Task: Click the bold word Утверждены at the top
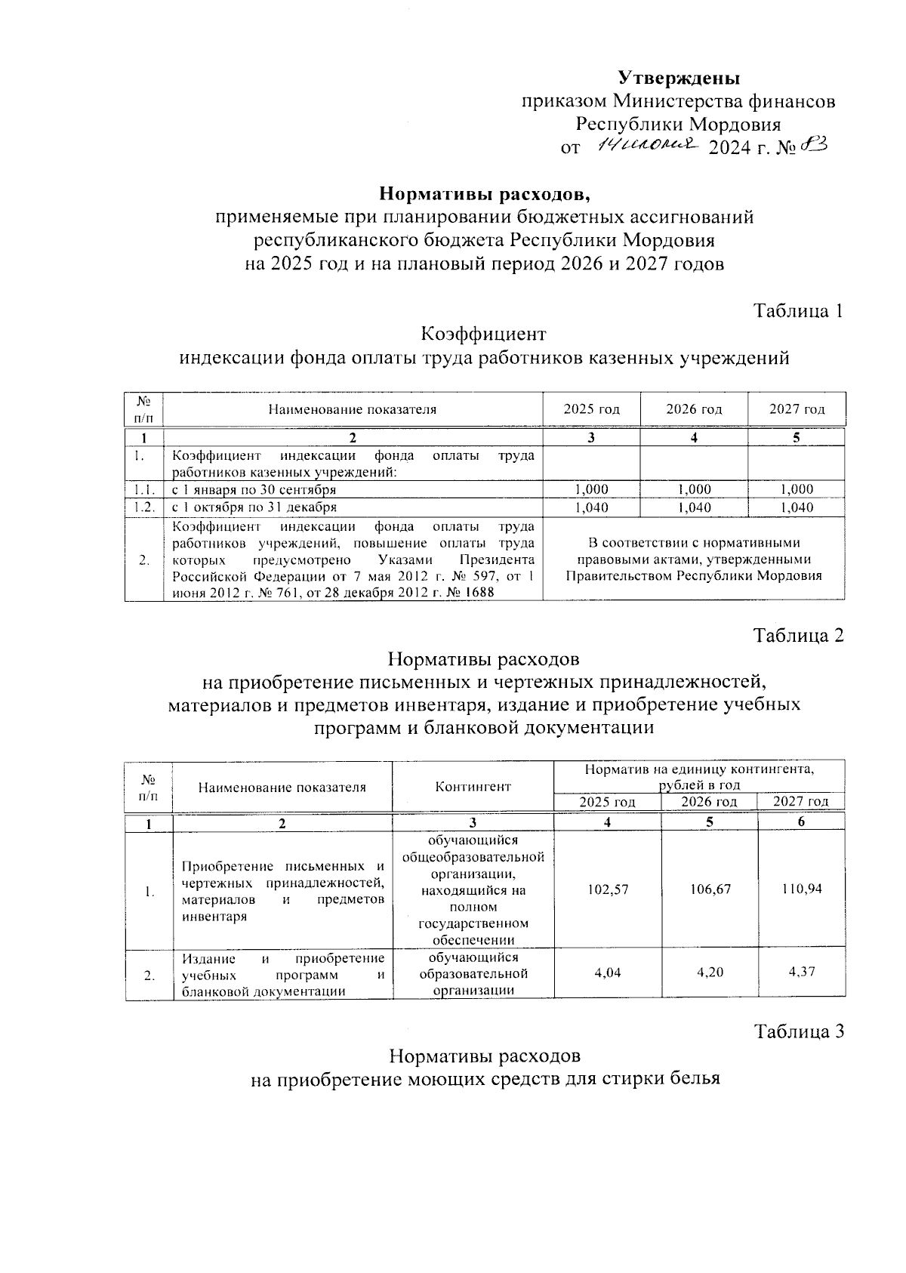click(679, 78)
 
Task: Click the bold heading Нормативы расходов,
click(484, 194)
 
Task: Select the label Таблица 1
click(798, 311)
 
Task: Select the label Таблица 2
click(798, 636)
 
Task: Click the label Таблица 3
click(798, 1031)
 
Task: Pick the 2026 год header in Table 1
click(694, 409)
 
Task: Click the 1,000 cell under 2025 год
click(591, 489)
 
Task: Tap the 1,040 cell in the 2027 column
click(797, 507)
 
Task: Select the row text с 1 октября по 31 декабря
click(254, 507)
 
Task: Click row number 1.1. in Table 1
click(143, 489)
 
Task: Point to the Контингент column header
click(473, 786)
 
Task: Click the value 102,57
click(607, 889)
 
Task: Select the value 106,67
click(710, 889)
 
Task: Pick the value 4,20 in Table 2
click(710, 972)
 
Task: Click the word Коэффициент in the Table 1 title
click(483, 334)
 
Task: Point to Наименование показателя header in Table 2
click(282, 787)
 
